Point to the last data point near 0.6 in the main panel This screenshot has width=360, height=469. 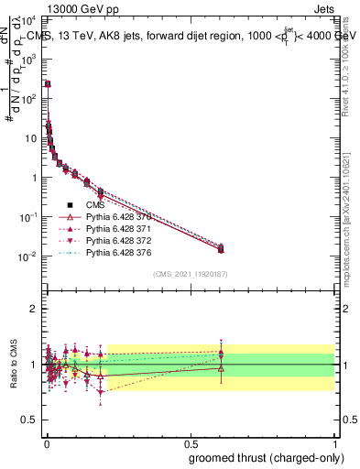220,248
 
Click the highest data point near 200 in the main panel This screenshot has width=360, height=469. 48,83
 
